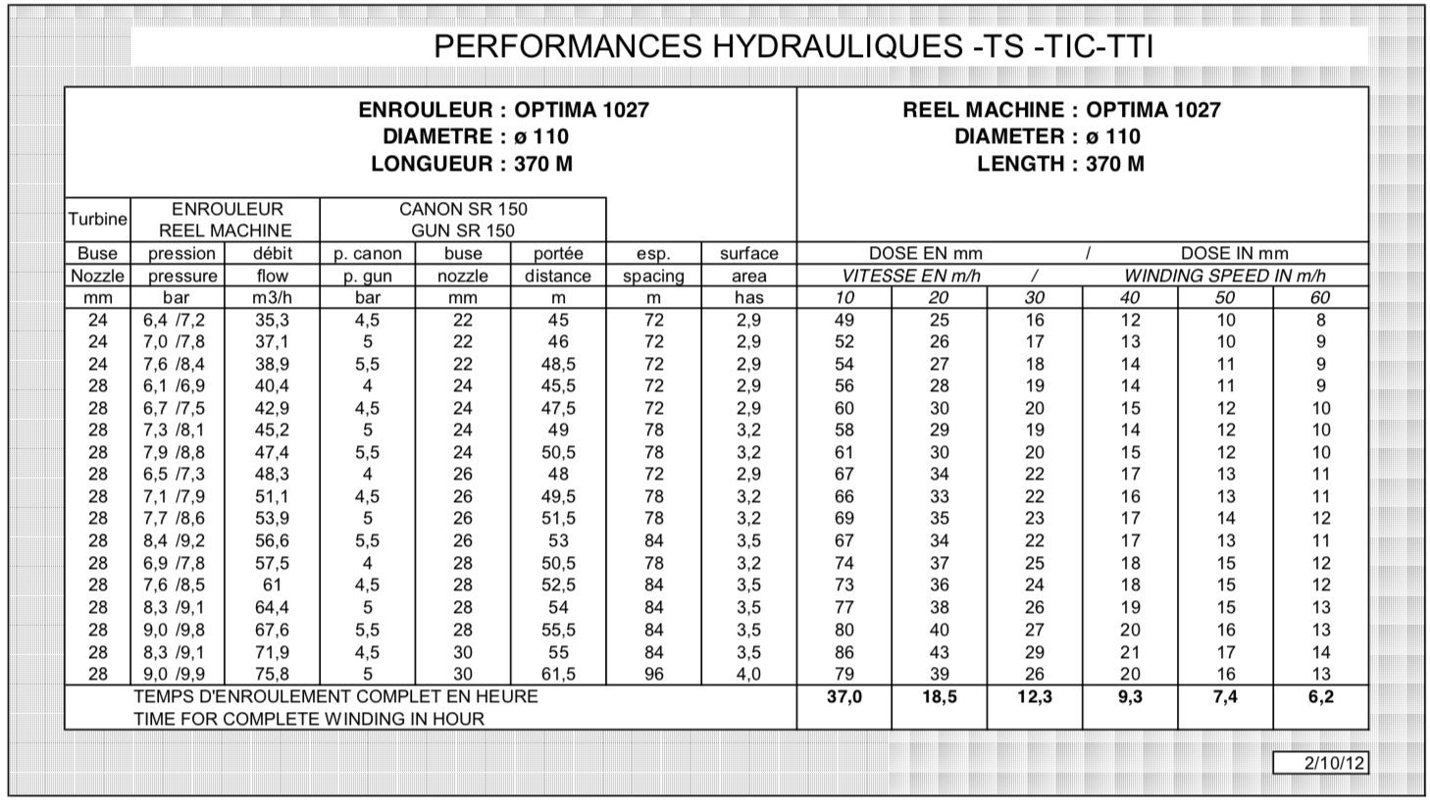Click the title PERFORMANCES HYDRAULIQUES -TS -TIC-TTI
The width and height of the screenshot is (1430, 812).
[x=792, y=47]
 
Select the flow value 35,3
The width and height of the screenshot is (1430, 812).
[x=272, y=320]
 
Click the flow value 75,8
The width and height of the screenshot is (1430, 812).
[x=272, y=674]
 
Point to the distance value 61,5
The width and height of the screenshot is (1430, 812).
[x=557, y=674]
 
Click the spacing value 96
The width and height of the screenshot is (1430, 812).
[x=653, y=674]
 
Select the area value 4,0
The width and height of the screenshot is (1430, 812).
[x=748, y=674]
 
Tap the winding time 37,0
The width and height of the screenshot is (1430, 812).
[x=843, y=697]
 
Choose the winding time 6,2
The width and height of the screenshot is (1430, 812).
[x=1320, y=697]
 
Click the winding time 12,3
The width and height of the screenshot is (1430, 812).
[x=1034, y=697]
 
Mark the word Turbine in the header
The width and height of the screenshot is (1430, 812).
[x=97, y=220]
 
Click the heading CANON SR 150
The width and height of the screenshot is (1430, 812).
[x=462, y=209]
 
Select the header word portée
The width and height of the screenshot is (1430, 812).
[x=557, y=253]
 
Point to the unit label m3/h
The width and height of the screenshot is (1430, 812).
[x=272, y=297]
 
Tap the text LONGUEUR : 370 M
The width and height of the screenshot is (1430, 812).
[x=471, y=164]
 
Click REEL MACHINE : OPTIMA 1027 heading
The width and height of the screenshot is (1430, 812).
[x=1061, y=110]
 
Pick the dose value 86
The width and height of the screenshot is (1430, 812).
[x=843, y=652]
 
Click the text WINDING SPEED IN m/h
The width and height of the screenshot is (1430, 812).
[x=1224, y=276]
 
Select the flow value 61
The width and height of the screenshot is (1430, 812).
[x=272, y=585]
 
